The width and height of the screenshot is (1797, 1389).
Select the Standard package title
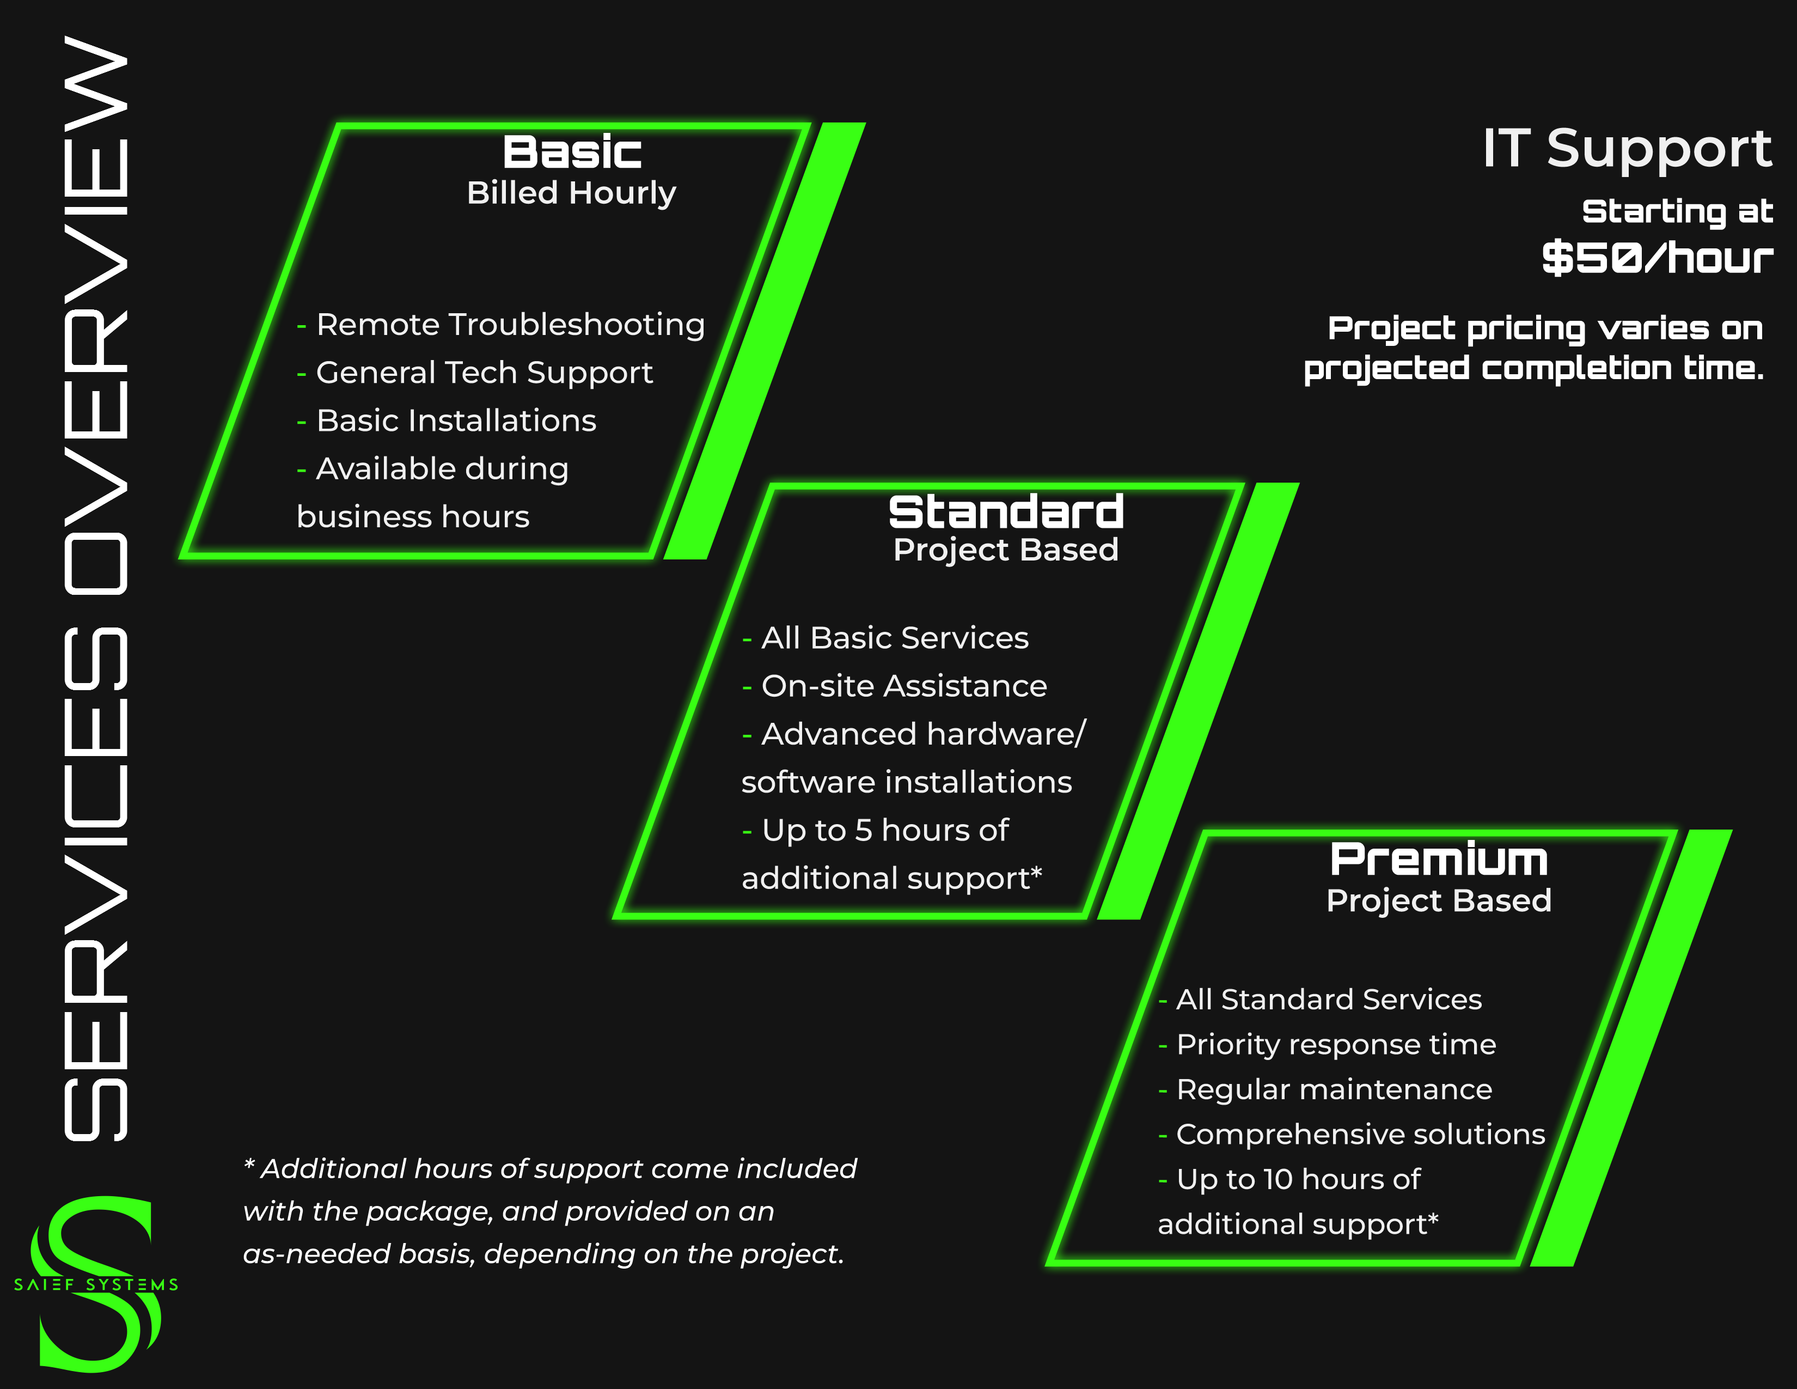(x=1005, y=512)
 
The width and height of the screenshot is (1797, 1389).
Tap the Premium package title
(x=1438, y=860)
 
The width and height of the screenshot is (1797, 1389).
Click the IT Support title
(x=1627, y=148)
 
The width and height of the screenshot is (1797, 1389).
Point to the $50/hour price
(x=1657, y=258)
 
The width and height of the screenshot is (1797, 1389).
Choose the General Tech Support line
(x=484, y=373)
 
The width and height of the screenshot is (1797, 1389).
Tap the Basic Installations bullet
(x=456, y=421)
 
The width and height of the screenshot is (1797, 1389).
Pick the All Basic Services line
(x=894, y=638)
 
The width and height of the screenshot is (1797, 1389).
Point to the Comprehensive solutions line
(x=1360, y=1135)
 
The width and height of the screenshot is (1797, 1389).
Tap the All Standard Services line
(x=1329, y=1000)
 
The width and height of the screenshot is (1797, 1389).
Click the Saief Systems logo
(x=95, y=1284)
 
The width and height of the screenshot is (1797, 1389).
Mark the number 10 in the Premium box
(x=1278, y=1180)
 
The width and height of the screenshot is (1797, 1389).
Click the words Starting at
(x=1677, y=211)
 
